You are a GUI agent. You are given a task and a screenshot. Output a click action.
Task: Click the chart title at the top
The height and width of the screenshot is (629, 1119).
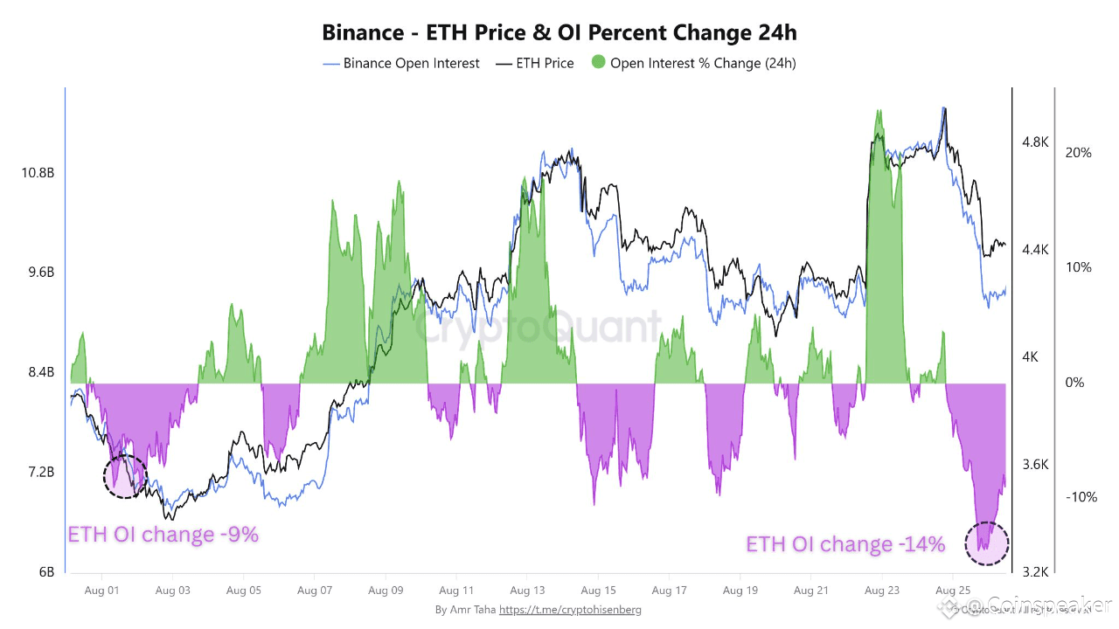pos(559,33)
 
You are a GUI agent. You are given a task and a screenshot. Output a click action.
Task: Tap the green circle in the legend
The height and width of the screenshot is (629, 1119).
pos(598,63)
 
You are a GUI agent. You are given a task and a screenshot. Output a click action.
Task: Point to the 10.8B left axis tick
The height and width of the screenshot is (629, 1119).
pos(38,173)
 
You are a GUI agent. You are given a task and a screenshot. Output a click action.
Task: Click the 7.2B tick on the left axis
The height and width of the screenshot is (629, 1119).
pos(40,473)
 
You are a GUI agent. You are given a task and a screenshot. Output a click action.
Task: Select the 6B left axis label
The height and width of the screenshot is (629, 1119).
pos(45,572)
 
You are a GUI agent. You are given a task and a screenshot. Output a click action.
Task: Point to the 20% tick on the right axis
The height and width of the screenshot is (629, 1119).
pos(1078,153)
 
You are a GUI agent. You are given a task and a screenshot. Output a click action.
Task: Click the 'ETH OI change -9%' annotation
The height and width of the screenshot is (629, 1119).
pos(163,535)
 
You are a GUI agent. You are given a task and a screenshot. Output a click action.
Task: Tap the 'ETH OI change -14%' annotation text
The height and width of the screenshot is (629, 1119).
pos(845,544)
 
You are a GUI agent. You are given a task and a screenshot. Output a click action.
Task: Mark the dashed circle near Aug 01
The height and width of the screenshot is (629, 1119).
pos(125,477)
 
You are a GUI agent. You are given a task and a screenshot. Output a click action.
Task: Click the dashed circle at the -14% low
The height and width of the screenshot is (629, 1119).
pos(986,543)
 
